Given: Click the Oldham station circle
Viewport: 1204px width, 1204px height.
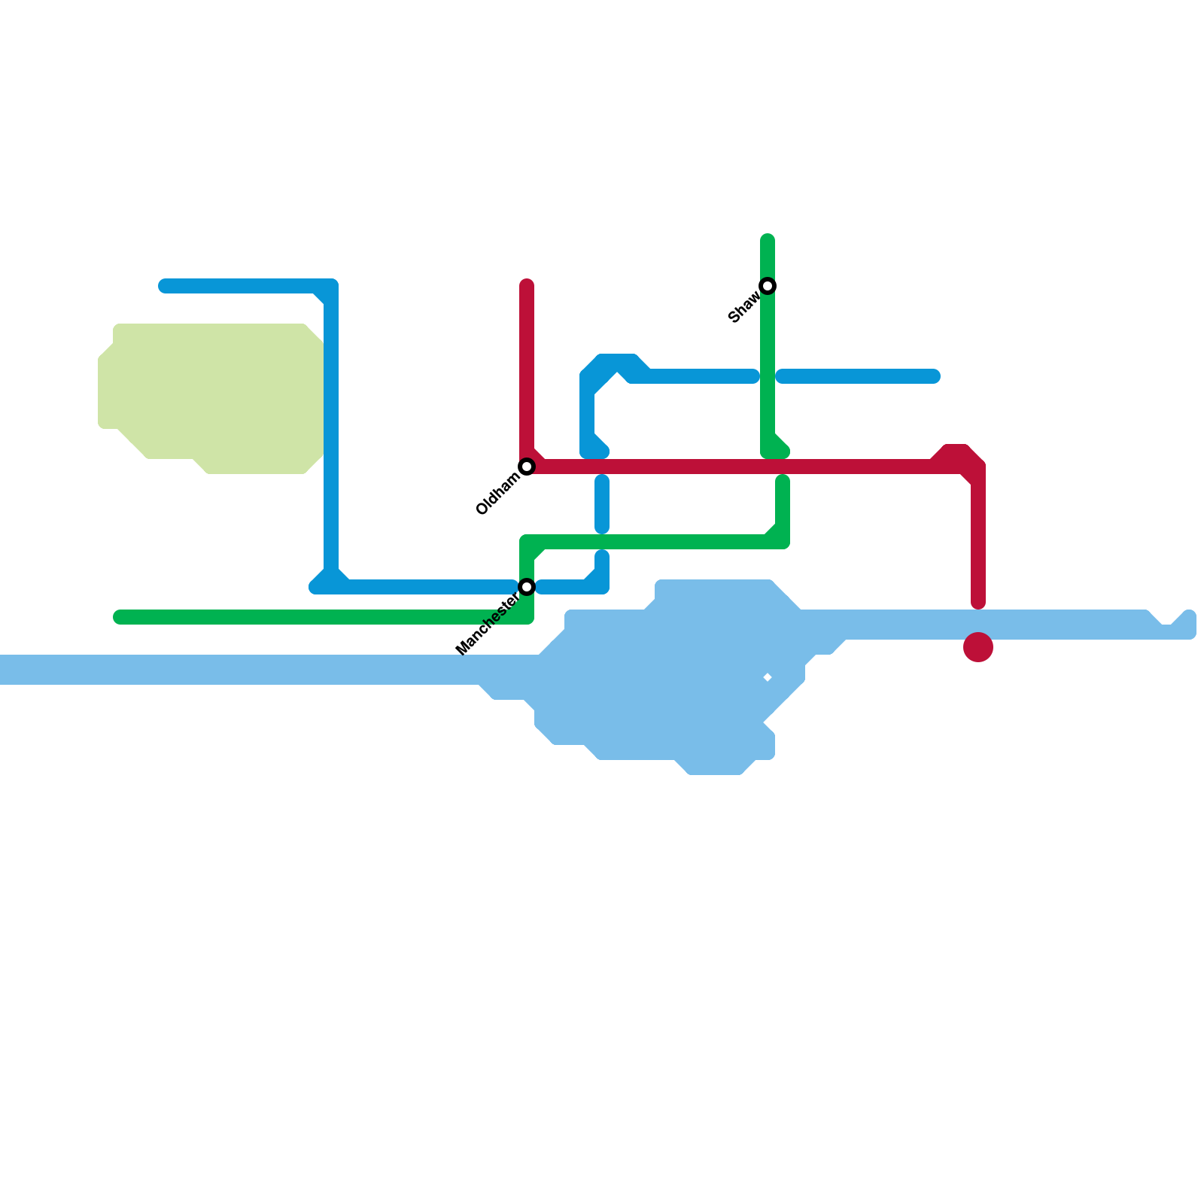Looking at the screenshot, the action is click(x=528, y=467).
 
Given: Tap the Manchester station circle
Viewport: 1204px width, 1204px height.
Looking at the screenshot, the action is click(x=528, y=587).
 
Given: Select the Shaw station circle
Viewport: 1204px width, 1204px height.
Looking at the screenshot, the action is click(x=768, y=286).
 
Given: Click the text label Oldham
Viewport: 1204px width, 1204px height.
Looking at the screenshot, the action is click(x=497, y=494).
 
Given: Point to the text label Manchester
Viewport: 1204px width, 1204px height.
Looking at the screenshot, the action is click(x=487, y=624).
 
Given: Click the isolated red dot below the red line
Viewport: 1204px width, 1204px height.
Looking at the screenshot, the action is click(x=978, y=647).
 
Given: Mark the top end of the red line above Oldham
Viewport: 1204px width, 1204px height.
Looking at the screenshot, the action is click(x=528, y=286).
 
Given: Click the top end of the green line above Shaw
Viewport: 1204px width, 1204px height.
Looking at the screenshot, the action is click(x=768, y=241).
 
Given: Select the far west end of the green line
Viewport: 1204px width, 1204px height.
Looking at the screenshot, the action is click(x=119, y=617).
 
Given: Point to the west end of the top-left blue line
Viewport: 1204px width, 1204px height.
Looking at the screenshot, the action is click(x=165, y=286).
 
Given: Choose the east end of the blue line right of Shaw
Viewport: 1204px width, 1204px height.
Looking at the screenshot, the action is click(x=934, y=376).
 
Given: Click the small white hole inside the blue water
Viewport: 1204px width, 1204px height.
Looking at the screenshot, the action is click(x=768, y=678).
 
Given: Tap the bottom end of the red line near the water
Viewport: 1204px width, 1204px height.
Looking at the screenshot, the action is click(x=978, y=602).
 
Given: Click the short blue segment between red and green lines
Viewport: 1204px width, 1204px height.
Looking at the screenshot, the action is click(x=602, y=504).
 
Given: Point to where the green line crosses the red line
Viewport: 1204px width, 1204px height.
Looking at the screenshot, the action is click(x=775, y=467).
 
